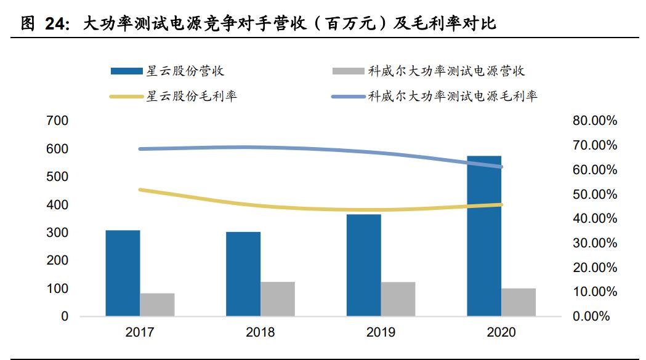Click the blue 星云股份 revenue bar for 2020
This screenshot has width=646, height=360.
click(x=484, y=236)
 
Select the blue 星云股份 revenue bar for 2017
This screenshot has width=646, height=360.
click(x=123, y=273)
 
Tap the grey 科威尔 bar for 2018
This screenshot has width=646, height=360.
click(x=278, y=299)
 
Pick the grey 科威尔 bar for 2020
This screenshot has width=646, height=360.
click(x=519, y=302)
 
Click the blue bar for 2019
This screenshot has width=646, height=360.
click(x=363, y=265)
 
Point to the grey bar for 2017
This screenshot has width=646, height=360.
click(x=157, y=305)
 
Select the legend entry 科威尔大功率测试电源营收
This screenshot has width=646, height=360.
click(x=446, y=71)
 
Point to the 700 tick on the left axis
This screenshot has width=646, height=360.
click(x=57, y=121)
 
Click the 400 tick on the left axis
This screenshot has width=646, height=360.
click(x=57, y=205)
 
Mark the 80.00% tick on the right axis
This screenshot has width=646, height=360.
click(x=594, y=121)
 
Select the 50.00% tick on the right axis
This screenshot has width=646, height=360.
click(x=594, y=194)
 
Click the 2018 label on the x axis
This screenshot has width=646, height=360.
click(x=260, y=333)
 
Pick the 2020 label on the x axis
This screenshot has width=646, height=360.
click(x=501, y=333)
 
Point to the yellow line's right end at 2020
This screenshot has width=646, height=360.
click(x=501, y=205)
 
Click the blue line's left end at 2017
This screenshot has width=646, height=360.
click(x=140, y=149)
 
